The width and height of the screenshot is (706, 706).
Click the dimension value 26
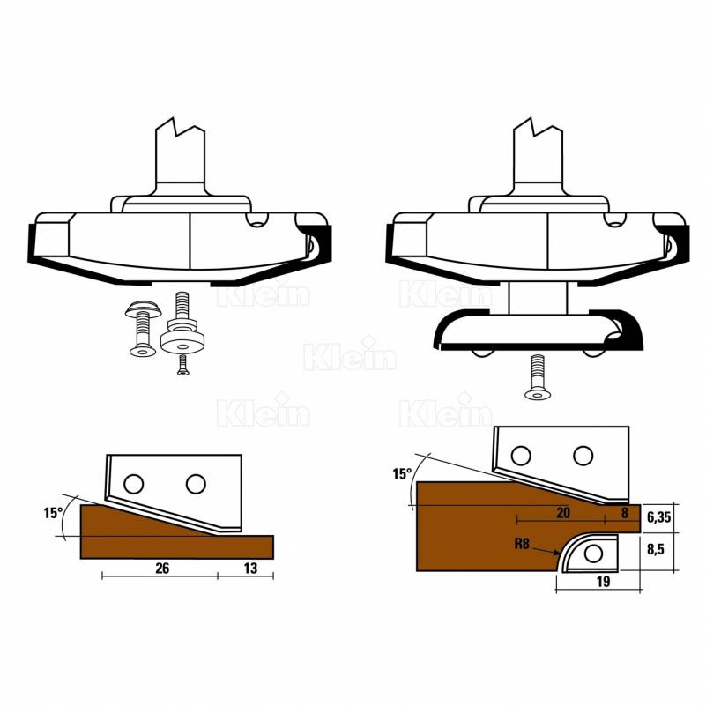pos(162,569)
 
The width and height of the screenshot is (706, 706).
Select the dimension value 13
pos(250,569)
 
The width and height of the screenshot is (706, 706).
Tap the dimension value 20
pos(563,511)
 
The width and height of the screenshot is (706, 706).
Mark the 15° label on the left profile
pos(53,513)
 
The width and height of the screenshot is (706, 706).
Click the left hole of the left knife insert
pos(133,483)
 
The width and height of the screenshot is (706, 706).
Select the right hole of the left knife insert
pos(196,483)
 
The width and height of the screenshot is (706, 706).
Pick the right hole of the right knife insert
pos(582,455)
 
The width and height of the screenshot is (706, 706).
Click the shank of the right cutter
pos(538,154)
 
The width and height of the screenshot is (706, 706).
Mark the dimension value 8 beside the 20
pos(625,511)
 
